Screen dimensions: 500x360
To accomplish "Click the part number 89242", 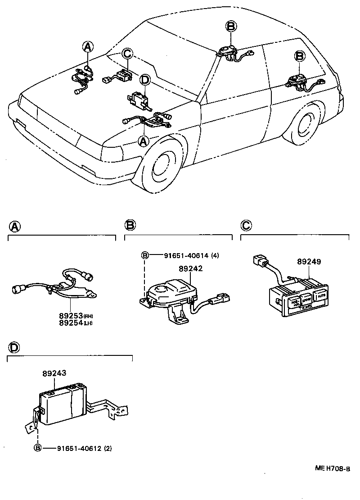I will point(190,268).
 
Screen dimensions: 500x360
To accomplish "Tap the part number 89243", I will point(54,373).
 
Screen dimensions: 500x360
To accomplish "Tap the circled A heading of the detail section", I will point(14,226).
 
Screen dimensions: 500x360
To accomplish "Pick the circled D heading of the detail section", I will point(14,347).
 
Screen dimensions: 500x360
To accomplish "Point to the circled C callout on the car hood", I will point(127,54).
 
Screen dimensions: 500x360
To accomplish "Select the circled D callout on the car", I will point(144,80).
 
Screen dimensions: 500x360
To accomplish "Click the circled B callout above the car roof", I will point(230,27).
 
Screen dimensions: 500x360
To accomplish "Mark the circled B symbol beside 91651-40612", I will point(38,448).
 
